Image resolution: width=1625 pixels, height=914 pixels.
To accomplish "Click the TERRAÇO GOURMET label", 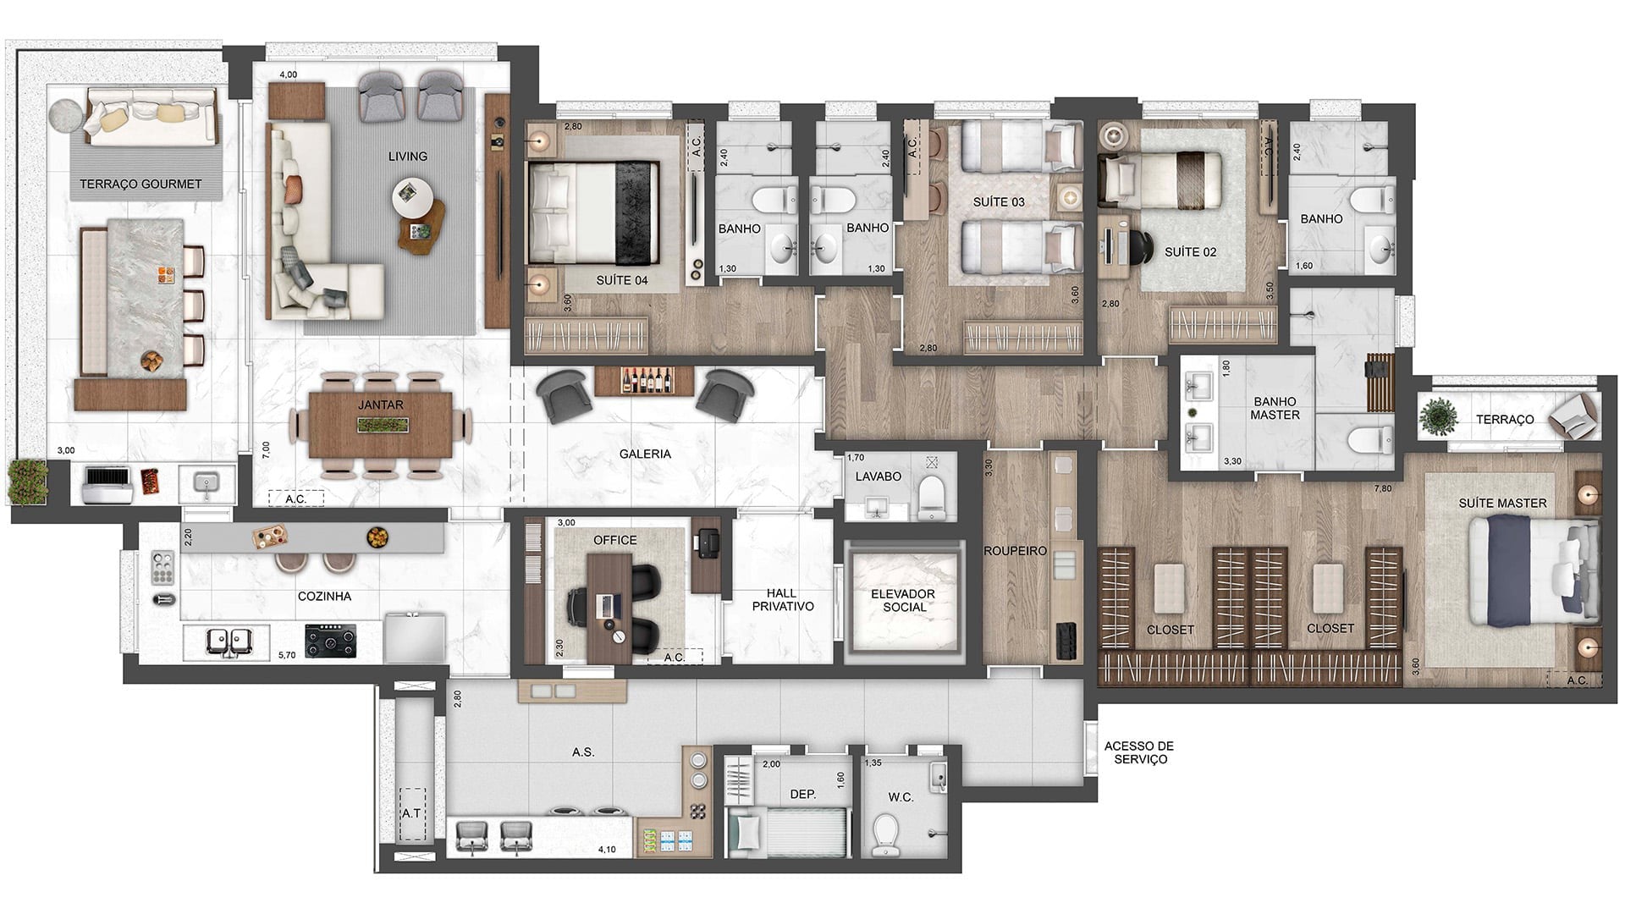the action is [x=140, y=184].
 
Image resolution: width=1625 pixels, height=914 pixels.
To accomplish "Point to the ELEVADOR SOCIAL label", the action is [x=903, y=600].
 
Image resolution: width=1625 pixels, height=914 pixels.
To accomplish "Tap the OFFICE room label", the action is [x=615, y=540].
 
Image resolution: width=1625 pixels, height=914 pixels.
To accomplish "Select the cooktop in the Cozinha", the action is [x=331, y=641].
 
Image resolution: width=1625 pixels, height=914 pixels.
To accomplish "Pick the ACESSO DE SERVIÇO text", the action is [x=1139, y=752].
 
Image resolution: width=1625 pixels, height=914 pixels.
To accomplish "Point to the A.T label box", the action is [x=411, y=813].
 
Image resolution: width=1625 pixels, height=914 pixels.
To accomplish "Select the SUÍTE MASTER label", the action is [x=1502, y=503].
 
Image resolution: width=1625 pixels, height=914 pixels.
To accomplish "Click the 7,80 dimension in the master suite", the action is [x=1383, y=488].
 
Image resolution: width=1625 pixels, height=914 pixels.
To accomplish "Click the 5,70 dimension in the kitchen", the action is [x=287, y=654].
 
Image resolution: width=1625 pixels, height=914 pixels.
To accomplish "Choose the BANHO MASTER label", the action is [x=1275, y=408].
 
